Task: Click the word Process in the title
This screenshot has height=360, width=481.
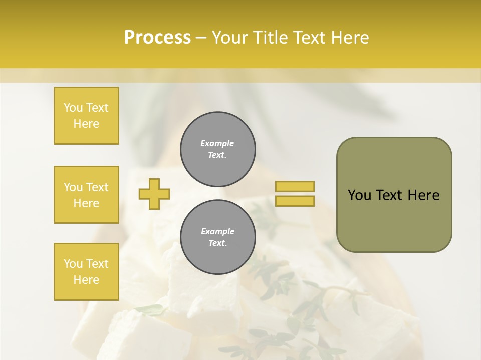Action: pyautogui.click(x=157, y=38)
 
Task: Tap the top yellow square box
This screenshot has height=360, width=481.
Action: pyautogui.click(x=86, y=116)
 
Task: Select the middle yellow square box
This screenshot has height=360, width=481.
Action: pyautogui.click(x=86, y=195)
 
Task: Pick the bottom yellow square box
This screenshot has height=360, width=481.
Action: pyautogui.click(x=86, y=272)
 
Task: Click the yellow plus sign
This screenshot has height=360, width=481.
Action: pyautogui.click(x=154, y=194)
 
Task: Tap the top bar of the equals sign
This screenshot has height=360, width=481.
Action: pyautogui.click(x=295, y=186)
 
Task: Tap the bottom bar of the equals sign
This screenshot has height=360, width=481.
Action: pyautogui.click(x=295, y=201)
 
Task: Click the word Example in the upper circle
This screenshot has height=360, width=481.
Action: pyautogui.click(x=217, y=143)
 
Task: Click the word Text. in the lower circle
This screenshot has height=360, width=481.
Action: pyautogui.click(x=217, y=243)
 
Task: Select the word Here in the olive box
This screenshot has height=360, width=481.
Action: pyautogui.click(x=423, y=195)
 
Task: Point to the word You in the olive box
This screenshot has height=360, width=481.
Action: pyautogui.click(x=359, y=195)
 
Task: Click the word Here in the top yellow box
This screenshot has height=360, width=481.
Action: pyautogui.click(x=86, y=124)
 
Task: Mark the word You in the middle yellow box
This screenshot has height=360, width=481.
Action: pyautogui.click(x=73, y=187)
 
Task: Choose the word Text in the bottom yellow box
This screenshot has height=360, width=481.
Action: pyautogui.click(x=97, y=264)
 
